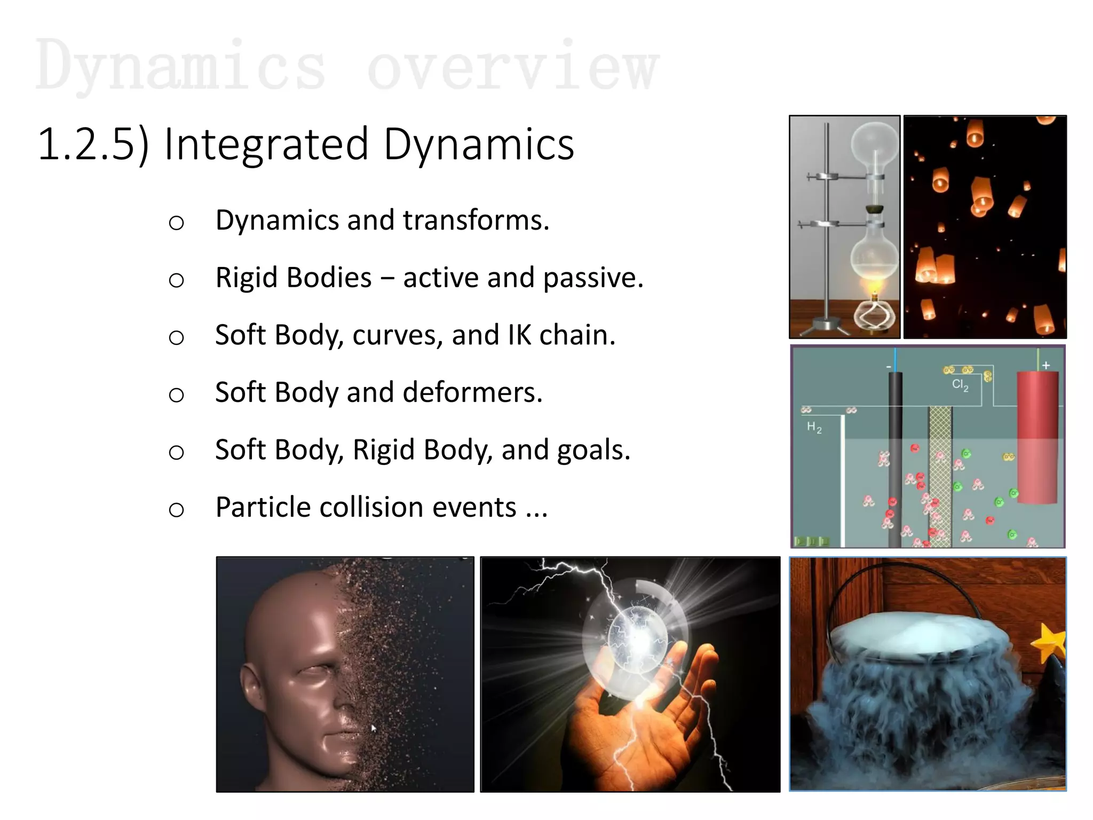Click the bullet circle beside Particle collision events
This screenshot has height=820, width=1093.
tap(176, 510)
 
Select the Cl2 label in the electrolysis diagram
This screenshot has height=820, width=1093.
tap(960, 385)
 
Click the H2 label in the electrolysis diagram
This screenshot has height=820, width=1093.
tap(814, 427)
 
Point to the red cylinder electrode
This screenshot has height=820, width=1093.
tap(1037, 438)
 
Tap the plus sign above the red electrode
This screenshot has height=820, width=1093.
tap(1046, 365)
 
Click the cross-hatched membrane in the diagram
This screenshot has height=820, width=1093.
tap(940, 475)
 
